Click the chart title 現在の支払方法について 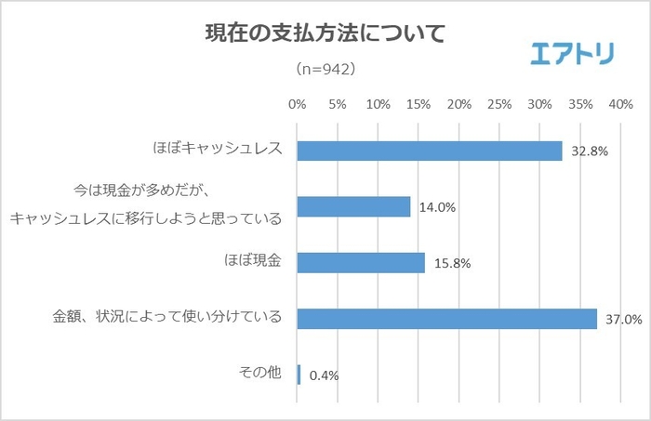[325, 34]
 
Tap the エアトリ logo [571, 53]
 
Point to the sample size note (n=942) [325, 70]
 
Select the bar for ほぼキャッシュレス [430, 151]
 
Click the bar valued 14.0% [353, 206]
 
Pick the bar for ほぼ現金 [361, 262]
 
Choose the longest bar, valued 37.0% [446, 318]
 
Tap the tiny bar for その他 [299, 374]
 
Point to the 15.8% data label [450, 264]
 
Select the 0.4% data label [323, 375]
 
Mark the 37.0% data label [622, 320]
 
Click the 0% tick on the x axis [298, 104]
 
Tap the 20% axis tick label [459, 104]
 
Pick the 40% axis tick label [621, 104]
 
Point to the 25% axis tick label [499, 104]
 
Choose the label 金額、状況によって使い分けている [166, 318]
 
